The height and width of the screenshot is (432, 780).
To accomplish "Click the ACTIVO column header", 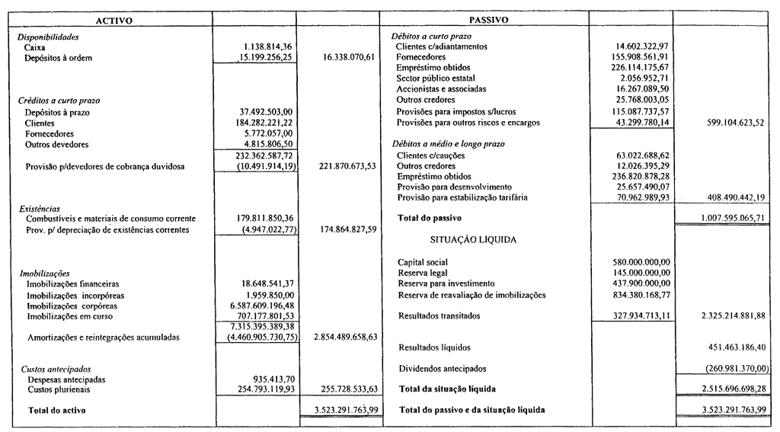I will pyautogui.click(x=112, y=21).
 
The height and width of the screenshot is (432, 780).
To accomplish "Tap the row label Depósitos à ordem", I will pyautogui.click(x=59, y=58).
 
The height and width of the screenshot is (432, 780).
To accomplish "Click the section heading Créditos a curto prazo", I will pyautogui.click(x=59, y=101).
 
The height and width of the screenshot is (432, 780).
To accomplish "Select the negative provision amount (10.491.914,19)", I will pyautogui.click(x=261, y=166).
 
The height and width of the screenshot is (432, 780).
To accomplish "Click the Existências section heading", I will pyautogui.click(x=40, y=208).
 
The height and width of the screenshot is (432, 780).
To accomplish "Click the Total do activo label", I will pyautogui.click(x=56, y=411).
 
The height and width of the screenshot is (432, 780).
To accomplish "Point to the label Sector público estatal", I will pyautogui.click(x=436, y=78).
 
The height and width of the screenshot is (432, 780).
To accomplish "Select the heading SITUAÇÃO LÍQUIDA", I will pyautogui.click(x=473, y=239).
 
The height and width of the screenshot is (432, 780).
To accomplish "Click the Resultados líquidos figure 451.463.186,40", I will pyautogui.click(x=727, y=347).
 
